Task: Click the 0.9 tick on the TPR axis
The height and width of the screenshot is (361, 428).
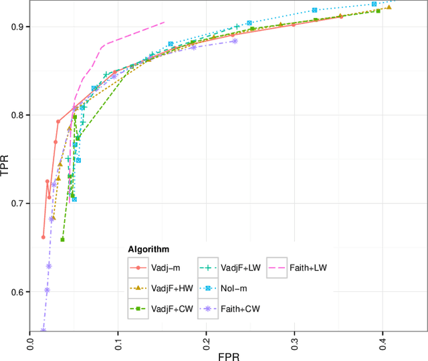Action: coord(17,27)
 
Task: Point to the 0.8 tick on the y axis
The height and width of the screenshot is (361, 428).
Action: coord(17,115)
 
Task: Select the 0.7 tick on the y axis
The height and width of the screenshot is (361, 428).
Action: coord(17,204)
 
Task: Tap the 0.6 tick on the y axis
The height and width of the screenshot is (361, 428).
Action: coord(17,292)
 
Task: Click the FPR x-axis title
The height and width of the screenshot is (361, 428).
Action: coord(227,356)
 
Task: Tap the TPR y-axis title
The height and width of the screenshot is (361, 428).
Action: coord(5,165)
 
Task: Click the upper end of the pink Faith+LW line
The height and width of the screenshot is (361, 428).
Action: coord(164,22)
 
